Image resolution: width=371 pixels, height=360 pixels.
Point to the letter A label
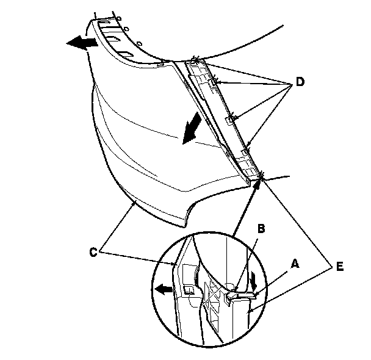(x=295, y=264)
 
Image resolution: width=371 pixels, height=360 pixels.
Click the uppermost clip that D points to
(x=195, y=59)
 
